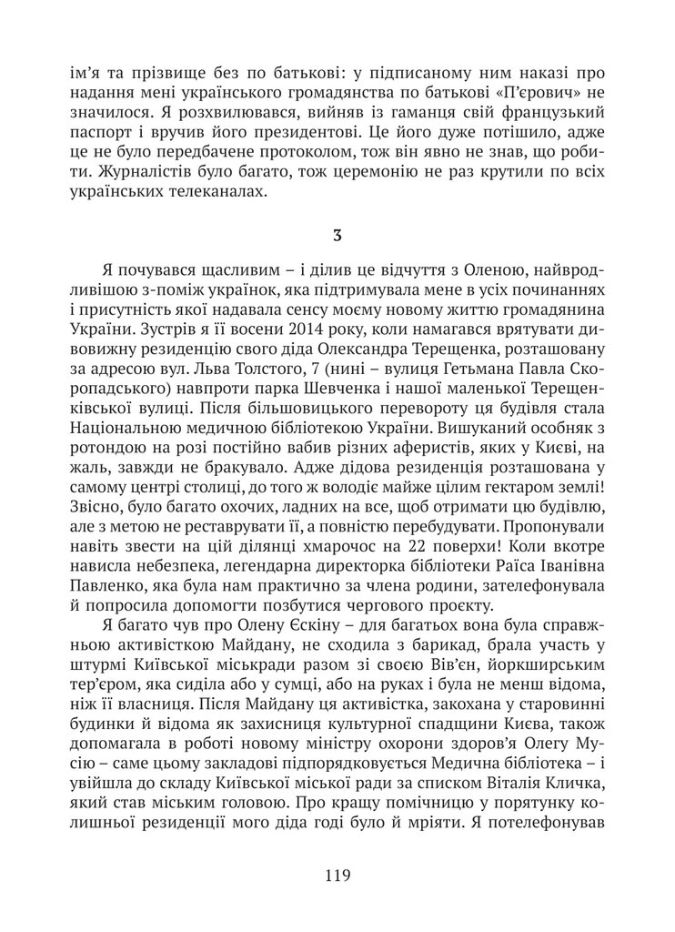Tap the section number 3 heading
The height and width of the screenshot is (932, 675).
click(x=337, y=237)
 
